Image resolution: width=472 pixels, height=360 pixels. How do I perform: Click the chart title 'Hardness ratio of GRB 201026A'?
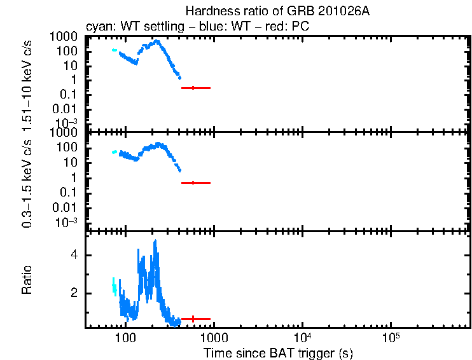tap(277, 11)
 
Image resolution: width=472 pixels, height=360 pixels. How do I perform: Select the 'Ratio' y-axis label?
tap(27, 280)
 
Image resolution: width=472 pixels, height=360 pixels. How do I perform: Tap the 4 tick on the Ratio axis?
tap(74, 255)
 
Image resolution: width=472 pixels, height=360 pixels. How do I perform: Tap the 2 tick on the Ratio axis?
tap(74, 293)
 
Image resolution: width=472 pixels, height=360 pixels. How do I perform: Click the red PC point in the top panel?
tap(193, 88)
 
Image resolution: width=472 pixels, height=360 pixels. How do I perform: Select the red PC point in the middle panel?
tap(193, 183)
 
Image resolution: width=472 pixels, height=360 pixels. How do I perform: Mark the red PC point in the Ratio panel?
tap(193, 319)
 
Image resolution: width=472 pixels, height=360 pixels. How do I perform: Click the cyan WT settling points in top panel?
tap(115, 50)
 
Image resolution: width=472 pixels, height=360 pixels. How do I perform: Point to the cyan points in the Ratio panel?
tap(115, 286)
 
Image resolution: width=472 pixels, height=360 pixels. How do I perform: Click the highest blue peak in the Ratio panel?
tap(155, 242)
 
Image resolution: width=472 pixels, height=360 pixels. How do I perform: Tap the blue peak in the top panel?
tap(156, 41)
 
